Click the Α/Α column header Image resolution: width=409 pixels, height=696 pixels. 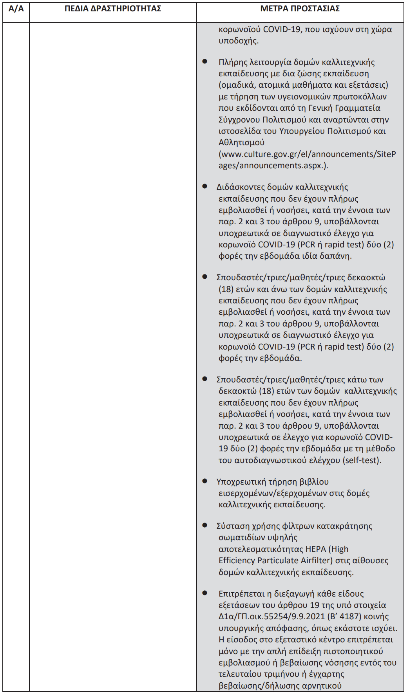tap(16, 9)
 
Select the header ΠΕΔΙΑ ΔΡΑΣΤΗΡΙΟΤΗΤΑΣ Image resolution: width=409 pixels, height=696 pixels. tap(113, 9)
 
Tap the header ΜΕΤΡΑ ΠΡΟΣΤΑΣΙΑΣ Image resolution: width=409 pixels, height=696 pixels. tap(300, 9)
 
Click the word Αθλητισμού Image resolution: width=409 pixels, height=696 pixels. tap(241, 142)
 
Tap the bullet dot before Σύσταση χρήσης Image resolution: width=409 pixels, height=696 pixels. tap(205, 525)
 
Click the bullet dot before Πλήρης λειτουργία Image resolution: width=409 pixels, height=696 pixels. tap(205, 61)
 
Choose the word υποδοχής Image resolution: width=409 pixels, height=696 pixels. tap(238, 41)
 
